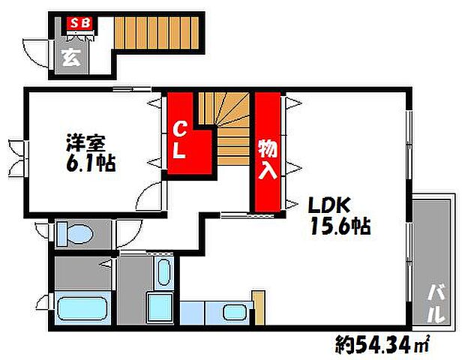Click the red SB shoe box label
coord(80,22)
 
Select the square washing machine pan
coord(159,308)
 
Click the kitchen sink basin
coord(234,312)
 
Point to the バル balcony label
coord(434,301)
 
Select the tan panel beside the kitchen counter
coord(259,309)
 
